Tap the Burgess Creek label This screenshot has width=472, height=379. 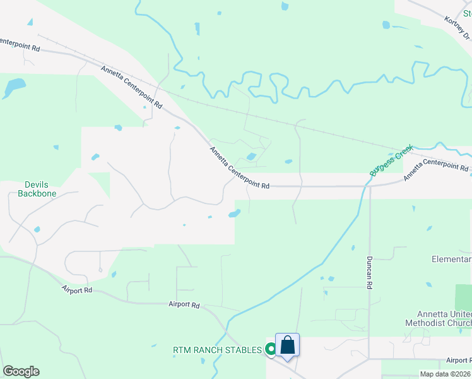tap(391, 160)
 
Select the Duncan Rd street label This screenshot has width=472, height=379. tap(369, 273)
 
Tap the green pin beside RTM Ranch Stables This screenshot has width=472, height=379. tap(271, 348)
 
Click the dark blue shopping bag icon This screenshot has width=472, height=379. tap(287, 345)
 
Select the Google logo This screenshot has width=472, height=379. tap(21, 371)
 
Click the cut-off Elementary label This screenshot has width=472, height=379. tap(451, 260)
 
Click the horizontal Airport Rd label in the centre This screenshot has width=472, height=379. tap(184, 304)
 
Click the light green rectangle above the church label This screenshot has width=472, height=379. tap(463, 297)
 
